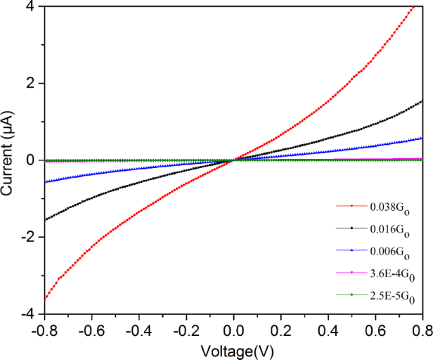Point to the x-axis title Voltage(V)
click(233, 349)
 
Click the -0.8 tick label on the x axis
click(44, 328)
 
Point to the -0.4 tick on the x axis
click(138, 328)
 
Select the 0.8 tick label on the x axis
click(420, 328)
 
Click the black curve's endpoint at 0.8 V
click(422, 101)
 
